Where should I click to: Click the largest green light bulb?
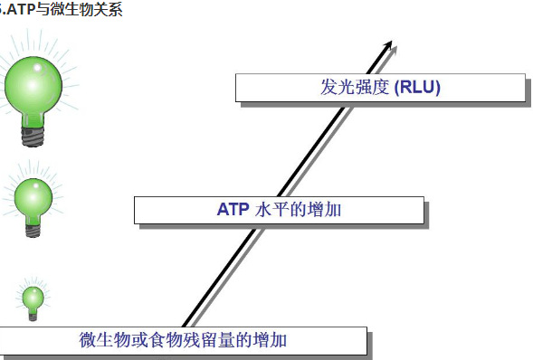click(34, 90)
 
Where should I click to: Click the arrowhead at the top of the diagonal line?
click(390, 45)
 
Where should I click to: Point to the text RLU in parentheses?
click(418, 87)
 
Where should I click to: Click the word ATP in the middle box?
click(233, 210)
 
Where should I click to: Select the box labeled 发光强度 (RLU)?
click(379, 88)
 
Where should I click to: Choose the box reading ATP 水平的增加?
click(279, 210)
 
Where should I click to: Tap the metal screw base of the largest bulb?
click(34, 137)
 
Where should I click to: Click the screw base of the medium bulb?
click(34, 231)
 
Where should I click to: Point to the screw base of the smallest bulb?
click(33, 316)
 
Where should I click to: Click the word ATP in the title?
click(23, 11)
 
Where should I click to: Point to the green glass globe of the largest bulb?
click(34, 84)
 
